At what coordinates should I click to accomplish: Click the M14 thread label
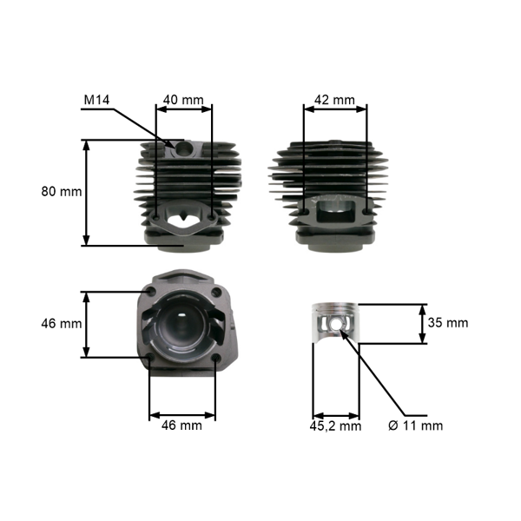coord(96,101)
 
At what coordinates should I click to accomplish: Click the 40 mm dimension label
coord(182,100)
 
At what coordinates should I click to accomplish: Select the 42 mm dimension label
coord(334,100)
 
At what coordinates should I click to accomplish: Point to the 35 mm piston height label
coord(448,323)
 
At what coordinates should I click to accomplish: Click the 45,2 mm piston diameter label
coord(336,425)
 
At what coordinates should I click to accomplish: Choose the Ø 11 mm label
coord(415,425)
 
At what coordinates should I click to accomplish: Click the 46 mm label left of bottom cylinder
coord(60,323)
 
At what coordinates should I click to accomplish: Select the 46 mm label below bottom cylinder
coord(181,425)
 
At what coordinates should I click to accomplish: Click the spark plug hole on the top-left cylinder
coord(184,149)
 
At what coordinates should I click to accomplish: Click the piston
coord(334,325)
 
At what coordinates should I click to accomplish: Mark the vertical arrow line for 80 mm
coord(86,192)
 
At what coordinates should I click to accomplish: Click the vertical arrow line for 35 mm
coord(423,323)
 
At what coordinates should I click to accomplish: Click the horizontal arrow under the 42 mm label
coord(334,110)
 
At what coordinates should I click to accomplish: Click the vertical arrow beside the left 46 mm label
coord(86,323)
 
